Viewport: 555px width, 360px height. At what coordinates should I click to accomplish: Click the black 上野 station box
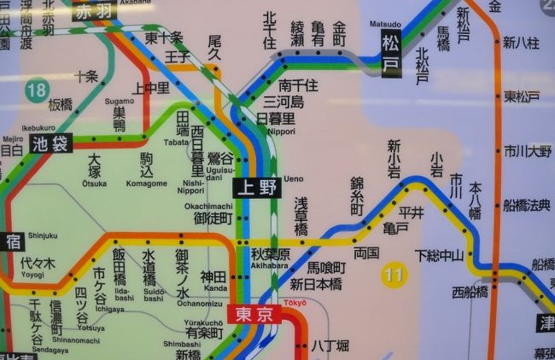coord(257,186)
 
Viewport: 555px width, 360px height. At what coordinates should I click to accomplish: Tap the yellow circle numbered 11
coord(394,274)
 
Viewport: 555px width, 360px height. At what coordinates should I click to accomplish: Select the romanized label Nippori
coord(281,131)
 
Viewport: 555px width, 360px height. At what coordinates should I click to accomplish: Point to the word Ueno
coord(294,178)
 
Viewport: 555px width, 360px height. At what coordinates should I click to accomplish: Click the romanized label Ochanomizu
coord(200,303)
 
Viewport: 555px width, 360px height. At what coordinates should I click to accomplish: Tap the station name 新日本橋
coord(316,284)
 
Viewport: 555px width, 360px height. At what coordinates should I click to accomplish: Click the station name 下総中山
coord(439,255)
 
